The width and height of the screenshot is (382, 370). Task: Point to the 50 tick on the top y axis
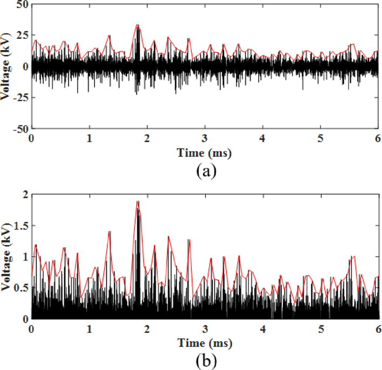(22, 4)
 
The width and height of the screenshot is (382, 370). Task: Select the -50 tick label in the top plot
(19, 130)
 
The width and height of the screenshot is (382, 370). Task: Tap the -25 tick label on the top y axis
(19, 98)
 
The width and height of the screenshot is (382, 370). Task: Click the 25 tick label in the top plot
(22, 36)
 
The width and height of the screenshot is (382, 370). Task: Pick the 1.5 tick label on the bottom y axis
(20, 225)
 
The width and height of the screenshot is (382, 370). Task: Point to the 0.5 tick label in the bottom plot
(20, 288)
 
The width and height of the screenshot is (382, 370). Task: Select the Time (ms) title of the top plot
(204, 153)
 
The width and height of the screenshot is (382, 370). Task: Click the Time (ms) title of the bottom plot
(204, 341)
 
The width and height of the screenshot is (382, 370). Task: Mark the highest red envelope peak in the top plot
(137, 24)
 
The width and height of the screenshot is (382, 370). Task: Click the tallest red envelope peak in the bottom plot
(137, 201)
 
